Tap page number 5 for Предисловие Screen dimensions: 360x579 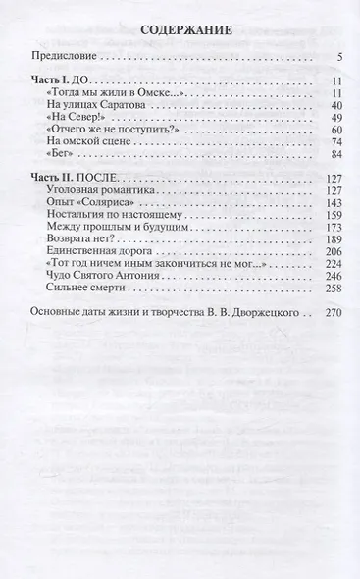coord(336,57)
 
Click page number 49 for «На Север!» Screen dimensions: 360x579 coord(334,118)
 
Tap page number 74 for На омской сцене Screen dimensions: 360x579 coord(334,143)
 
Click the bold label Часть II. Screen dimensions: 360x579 coord(55,178)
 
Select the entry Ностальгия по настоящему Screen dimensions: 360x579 coord(115,215)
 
